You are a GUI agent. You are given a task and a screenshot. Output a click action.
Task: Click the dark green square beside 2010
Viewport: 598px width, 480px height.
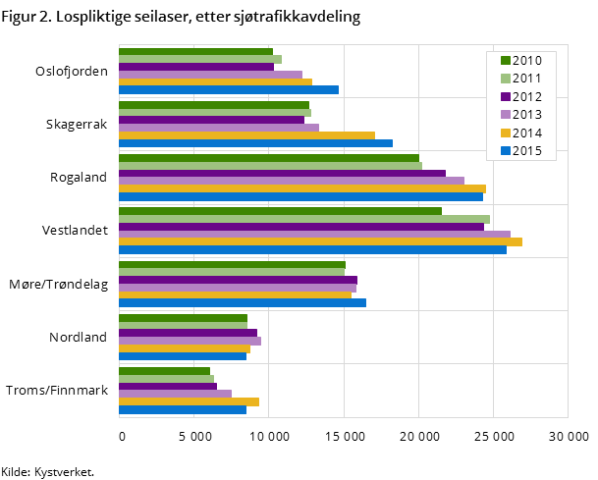pos(505,61)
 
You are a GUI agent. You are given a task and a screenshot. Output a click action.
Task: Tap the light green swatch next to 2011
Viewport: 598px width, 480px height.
pos(505,79)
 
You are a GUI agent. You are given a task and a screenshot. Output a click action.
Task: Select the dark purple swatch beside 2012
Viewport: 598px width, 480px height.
pos(505,96)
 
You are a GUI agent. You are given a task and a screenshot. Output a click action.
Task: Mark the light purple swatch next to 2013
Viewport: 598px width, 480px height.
pos(505,115)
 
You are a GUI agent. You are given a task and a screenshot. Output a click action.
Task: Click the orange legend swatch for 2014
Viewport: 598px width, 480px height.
pos(505,133)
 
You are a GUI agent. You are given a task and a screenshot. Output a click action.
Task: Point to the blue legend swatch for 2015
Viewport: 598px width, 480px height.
pos(505,150)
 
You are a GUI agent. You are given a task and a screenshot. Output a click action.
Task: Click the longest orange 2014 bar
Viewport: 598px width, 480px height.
pos(320,241)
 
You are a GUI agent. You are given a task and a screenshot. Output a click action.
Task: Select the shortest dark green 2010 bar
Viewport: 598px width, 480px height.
pos(164,371)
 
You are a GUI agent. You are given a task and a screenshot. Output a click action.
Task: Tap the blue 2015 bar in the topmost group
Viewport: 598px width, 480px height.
pos(228,89)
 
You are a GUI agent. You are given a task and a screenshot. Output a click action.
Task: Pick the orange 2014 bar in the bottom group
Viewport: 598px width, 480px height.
pos(189,401)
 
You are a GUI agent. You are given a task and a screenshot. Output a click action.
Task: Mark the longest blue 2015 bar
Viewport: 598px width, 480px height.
pos(312,249)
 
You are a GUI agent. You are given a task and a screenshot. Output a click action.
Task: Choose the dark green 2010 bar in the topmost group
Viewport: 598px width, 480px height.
pos(195,52)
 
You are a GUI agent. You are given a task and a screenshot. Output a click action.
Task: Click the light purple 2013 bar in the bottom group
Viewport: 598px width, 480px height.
pos(175,394)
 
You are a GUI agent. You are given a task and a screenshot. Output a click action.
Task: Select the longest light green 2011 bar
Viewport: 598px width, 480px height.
pos(303,219)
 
